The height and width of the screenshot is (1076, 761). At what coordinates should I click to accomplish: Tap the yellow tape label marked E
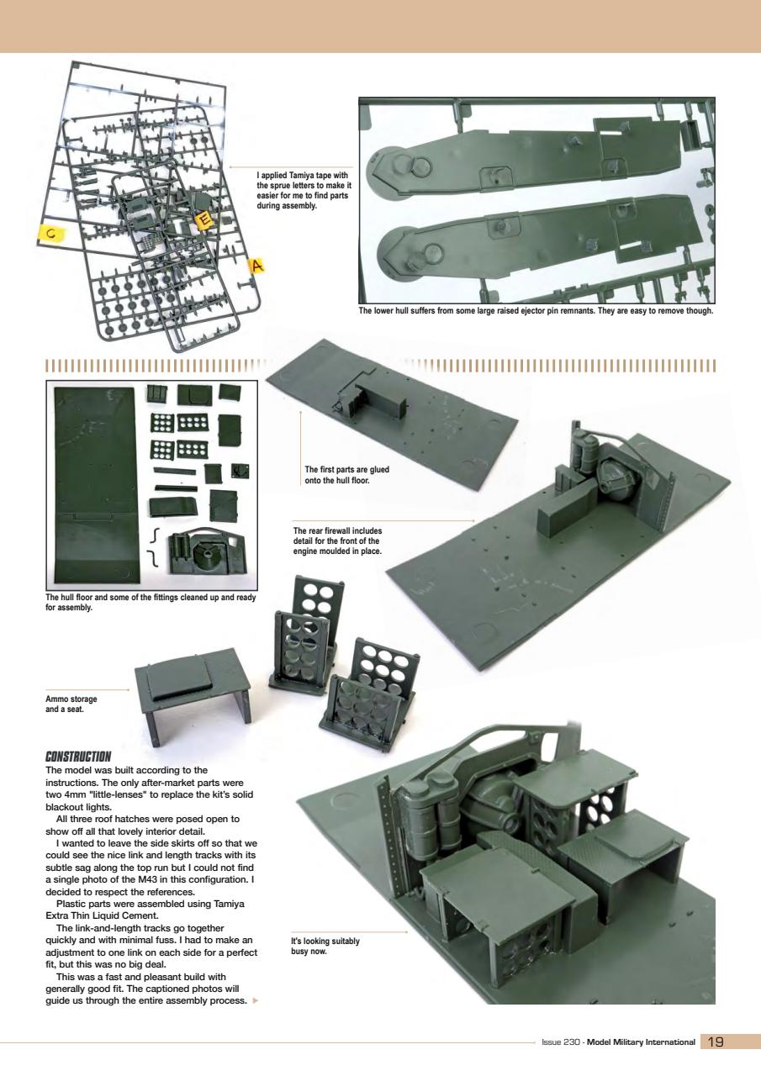[x=204, y=220]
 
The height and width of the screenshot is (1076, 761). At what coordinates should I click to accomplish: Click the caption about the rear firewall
[x=337, y=541]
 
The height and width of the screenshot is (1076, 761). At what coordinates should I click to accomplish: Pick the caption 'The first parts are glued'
[x=347, y=475]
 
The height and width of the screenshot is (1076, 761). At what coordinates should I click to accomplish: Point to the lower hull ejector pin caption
[x=536, y=310]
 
